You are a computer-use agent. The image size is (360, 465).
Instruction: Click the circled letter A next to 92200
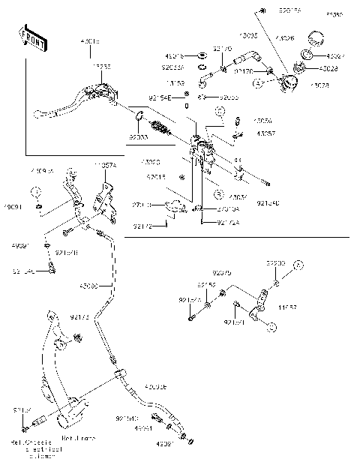click(x=298, y=265)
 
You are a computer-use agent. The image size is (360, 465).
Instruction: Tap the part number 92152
click(x=206, y=285)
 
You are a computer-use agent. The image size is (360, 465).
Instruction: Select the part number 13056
click(x=262, y=121)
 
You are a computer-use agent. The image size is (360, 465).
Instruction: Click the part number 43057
click(x=265, y=133)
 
